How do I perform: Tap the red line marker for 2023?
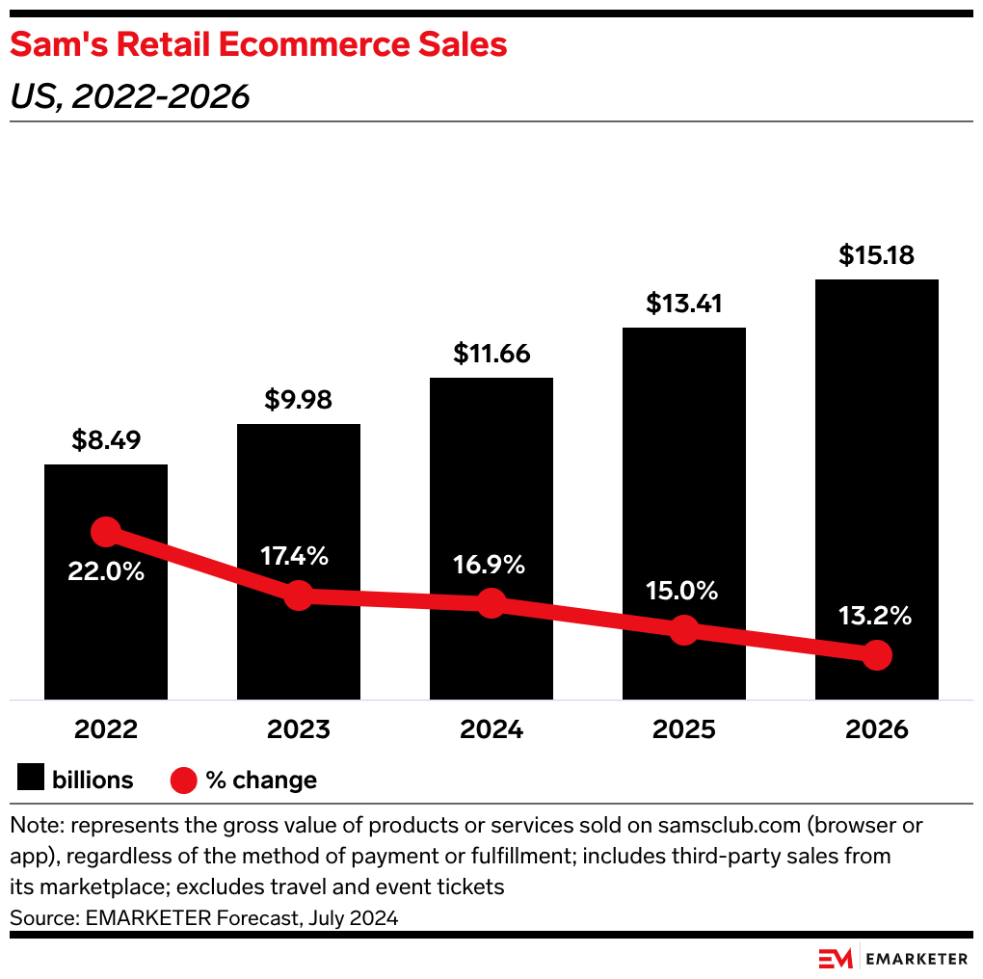coord(299,595)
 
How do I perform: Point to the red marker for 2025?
coord(683,630)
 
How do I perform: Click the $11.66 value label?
coord(491,354)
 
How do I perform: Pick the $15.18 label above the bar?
coord(876,255)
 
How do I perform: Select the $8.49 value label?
coord(106,440)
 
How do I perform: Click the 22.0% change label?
coord(106,570)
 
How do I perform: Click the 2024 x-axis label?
coord(491,729)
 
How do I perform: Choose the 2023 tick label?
coord(299,729)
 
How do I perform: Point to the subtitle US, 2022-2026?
coord(130,95)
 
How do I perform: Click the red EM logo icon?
coord(835,958)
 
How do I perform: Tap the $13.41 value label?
coord(683,304)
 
